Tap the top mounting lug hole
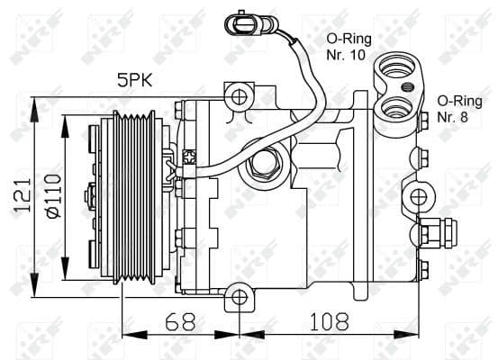pyautogui.click(x=239, y=95)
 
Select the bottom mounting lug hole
pyautogui.click(x=239, y=296)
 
